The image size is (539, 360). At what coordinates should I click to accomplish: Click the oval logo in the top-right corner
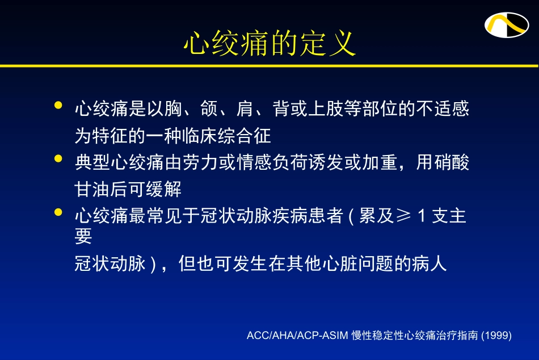click(x=506, y=24)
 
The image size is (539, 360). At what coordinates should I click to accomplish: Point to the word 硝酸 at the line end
click(x=452, y=162)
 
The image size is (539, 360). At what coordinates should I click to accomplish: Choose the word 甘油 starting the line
click(x=92, y=189)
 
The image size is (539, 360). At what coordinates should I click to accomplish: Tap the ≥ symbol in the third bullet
click(x=402, y=216)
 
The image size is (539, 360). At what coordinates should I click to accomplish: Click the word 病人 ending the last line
click(x=429, y=264)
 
